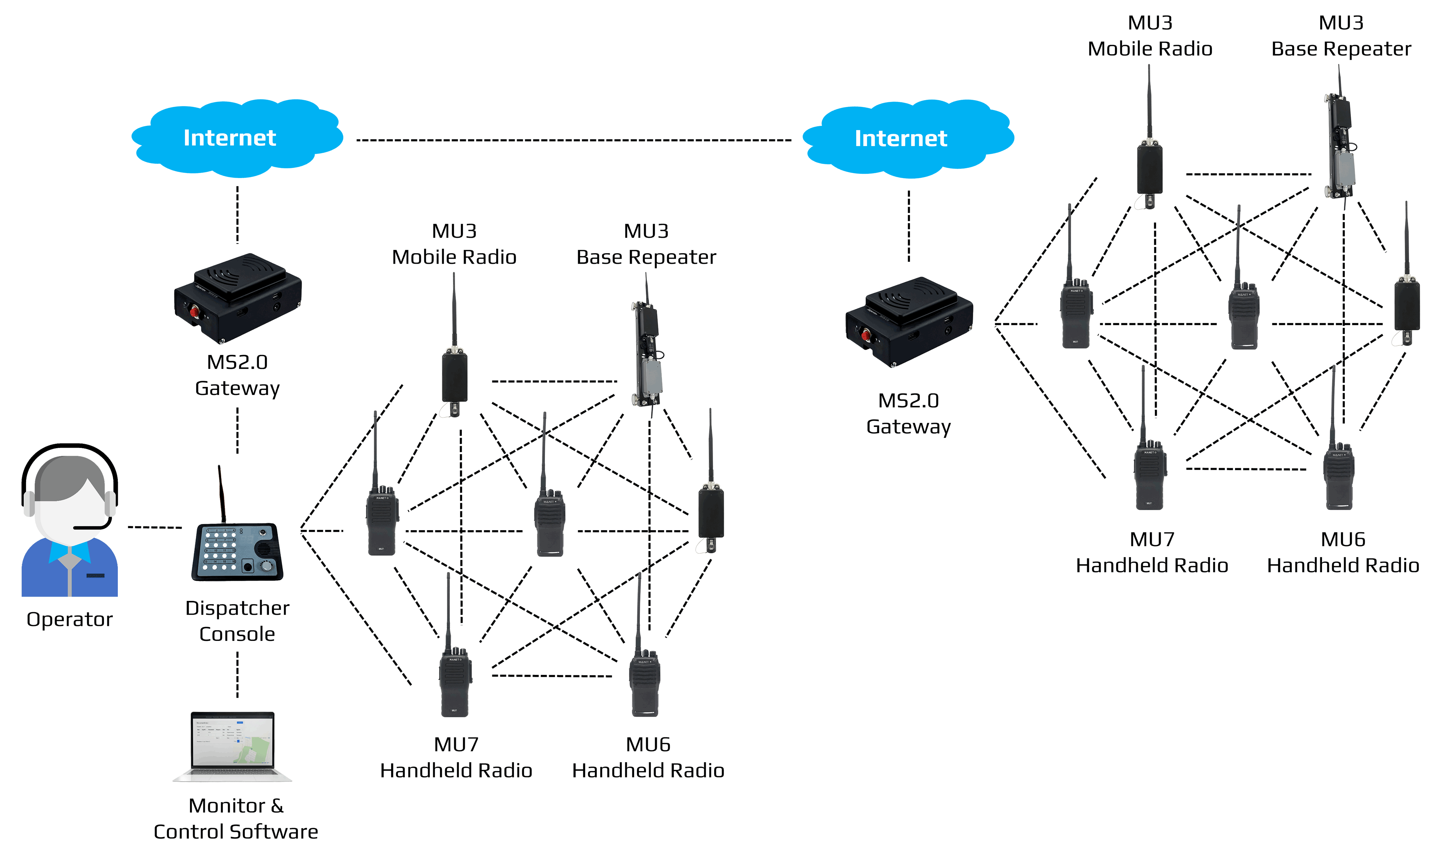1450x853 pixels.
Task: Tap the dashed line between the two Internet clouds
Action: coord(574,140)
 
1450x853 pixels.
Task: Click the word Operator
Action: coord(70,619)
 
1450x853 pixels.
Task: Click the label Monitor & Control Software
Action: coord(236,819)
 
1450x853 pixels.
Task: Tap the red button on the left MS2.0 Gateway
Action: coord(195,312)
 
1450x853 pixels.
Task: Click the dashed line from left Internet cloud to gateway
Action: coord(238,214)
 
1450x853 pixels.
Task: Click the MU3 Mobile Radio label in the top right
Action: coord(1149,36)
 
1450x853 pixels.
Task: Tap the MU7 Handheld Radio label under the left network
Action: coord(456,758)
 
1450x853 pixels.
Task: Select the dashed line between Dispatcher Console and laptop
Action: coord(238,675)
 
